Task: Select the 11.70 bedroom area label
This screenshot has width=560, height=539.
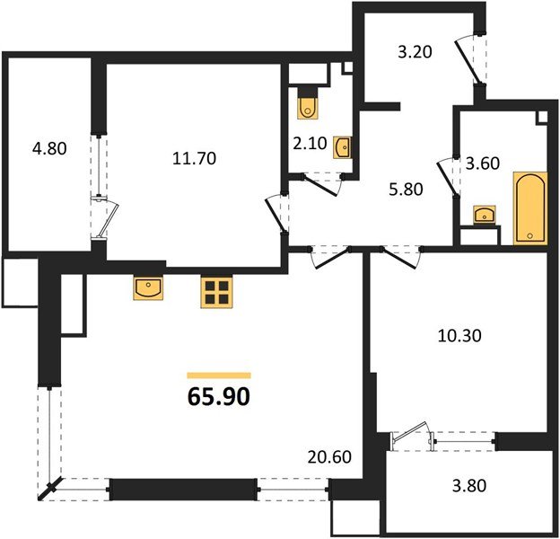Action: (x=195, y=159)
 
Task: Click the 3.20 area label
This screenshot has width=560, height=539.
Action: (x=416, y=51)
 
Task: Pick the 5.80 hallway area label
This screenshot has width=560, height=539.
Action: (x=406, y=190)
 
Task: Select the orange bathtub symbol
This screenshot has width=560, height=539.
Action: (x=529, y=208)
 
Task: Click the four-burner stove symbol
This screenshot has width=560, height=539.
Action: (x=216, y=292)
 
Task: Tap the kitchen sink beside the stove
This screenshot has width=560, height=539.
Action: (x=147, y=287)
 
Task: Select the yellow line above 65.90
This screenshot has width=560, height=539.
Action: (x=219, y=375)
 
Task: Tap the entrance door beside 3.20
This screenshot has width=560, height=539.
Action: (x=468, y=58)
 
